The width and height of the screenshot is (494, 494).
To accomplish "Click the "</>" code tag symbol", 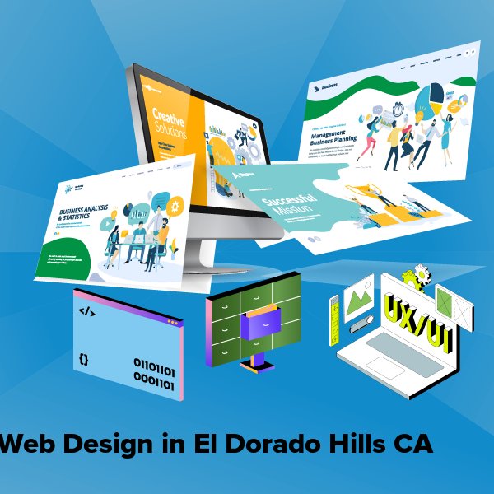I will (x=86, y=312).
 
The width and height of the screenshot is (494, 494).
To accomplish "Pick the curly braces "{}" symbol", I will (x=84, y=359).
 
